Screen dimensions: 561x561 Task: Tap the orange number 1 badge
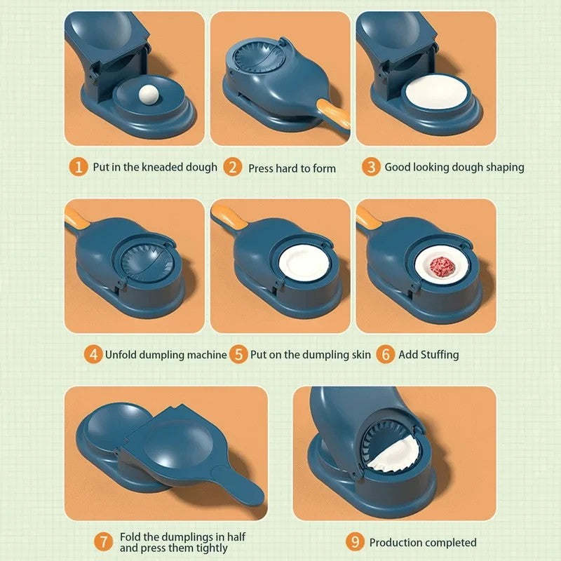pos(79,167)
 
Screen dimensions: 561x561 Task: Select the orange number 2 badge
pos(233,168)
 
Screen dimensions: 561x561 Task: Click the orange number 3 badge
pos(370,167)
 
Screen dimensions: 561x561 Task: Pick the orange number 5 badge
pos(239,354)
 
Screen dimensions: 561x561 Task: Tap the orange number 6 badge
pos(385,354)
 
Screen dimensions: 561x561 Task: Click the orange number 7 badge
pos(104,541)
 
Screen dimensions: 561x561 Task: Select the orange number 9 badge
pos(356,541)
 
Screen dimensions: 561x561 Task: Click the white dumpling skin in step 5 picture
pos(302,266)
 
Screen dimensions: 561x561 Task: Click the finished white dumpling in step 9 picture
pos(393,454)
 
